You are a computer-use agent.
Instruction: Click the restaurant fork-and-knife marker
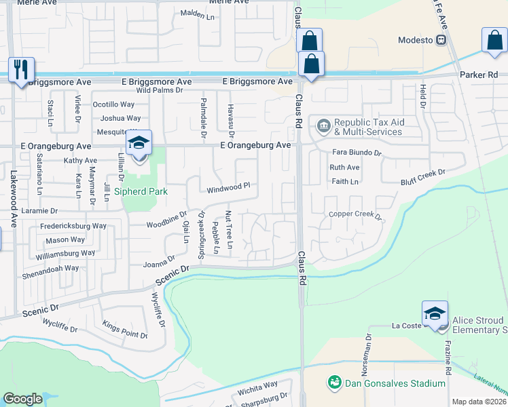[x=21, y=69]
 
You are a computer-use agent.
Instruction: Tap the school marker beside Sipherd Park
[x=138, y=143]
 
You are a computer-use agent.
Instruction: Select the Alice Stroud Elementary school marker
[x=435, y=313]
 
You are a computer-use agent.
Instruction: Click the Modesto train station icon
[x=441, y=40]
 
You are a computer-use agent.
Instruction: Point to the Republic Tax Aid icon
[x=323, y=125]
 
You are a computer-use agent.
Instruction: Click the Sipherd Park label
[x=140, y=192]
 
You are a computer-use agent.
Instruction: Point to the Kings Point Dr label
[x=124, y=330]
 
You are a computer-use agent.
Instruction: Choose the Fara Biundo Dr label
[x=357, y=153]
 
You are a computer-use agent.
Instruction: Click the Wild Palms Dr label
[x=160, y=90]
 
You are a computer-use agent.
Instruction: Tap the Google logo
[x=22, y=399]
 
